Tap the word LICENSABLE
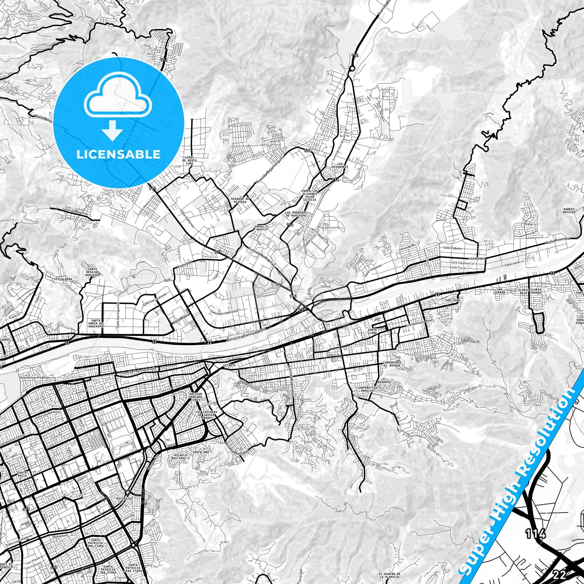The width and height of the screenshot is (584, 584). point(118,154)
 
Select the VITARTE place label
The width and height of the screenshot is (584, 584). point(229,365)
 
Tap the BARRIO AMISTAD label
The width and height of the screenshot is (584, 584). point(569,211)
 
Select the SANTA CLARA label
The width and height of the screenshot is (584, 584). point(372,331)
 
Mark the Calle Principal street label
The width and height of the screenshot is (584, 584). point(557,240)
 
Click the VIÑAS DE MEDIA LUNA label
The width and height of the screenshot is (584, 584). point(189,160)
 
